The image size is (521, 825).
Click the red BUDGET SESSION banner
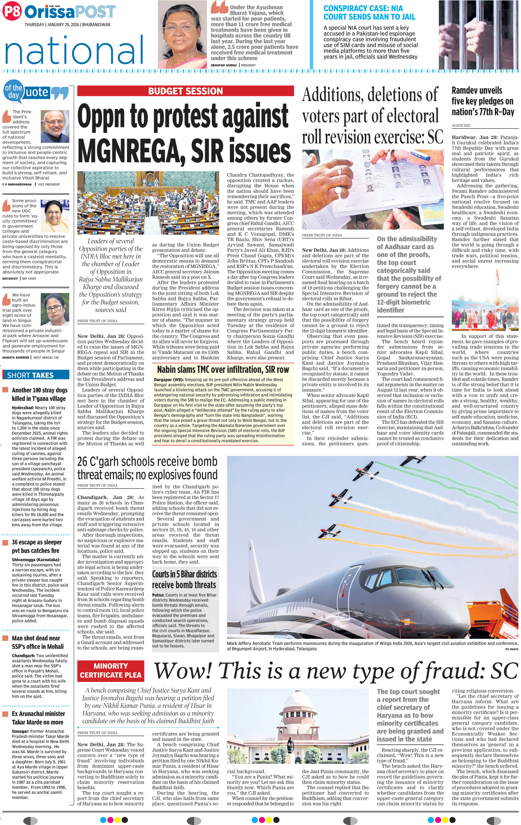tap(185, 91)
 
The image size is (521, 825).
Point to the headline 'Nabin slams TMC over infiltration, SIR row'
tap(223, 369)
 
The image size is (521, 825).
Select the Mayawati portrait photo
tap(55, 215)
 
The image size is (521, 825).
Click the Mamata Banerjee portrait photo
tap(55, 309)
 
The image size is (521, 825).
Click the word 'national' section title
tap(74, 51)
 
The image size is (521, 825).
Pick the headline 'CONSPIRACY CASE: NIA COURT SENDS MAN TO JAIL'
tap(369, 13)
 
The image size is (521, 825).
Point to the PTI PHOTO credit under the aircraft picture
tap(511, 649)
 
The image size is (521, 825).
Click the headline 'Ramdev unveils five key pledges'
tap(482, 101)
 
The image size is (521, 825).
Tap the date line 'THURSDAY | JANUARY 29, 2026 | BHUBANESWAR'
tap(67, 25)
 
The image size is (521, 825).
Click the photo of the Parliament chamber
tap(148, 203)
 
